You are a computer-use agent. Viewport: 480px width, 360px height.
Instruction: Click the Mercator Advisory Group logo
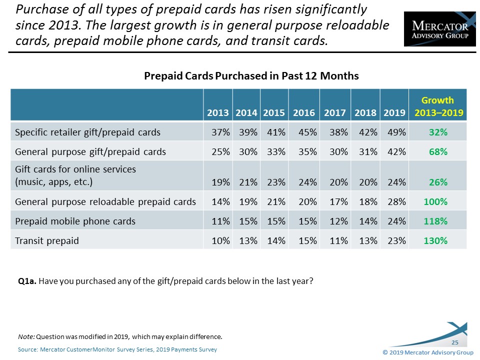click(439, 29)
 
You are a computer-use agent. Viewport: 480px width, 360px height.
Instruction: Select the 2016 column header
click(304, 113)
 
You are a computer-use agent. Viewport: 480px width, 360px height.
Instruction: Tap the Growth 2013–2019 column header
click(437, 106)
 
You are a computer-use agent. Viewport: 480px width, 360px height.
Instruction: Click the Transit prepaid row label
click(47, 240)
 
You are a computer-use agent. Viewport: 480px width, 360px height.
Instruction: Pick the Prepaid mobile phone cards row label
click(75, 221)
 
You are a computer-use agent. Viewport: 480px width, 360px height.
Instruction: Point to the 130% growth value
click(435, 240)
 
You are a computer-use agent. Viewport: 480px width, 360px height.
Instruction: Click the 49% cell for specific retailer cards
click(395, 132)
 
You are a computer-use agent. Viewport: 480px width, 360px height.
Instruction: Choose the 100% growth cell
click(435, 201)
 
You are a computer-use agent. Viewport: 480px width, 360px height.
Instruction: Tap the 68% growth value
click(437, 151)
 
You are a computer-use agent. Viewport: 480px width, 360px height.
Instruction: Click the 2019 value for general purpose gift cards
click(395, 151)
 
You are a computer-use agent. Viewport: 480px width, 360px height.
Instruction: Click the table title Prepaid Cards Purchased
click(251, 76)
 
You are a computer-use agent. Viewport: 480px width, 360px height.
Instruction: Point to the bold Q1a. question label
click(26, 281)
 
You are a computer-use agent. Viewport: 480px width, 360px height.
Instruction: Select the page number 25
click(455, 342)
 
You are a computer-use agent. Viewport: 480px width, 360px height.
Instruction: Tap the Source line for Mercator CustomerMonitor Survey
click(117, 349)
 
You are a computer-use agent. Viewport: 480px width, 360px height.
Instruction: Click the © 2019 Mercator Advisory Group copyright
click(427, 352)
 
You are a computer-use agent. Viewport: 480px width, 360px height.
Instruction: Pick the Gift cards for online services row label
click(75, 175)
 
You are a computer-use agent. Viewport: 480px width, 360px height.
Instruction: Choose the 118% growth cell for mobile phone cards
click(435, 221)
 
